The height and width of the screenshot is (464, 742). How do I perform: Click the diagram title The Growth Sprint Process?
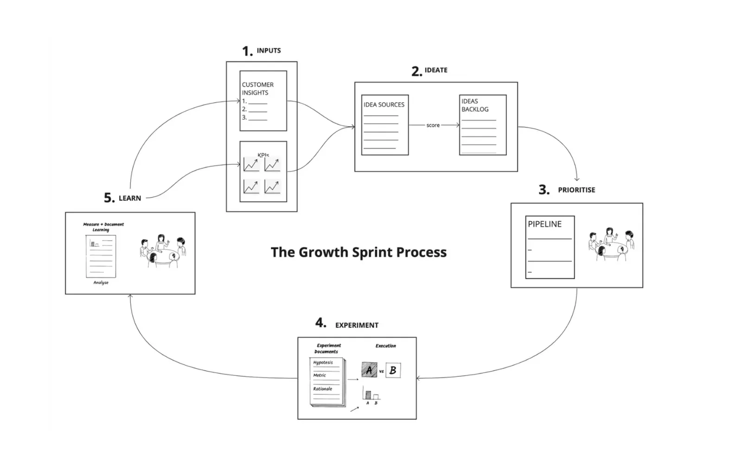[358, 252]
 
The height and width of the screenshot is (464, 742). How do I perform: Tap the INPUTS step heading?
[269, 51]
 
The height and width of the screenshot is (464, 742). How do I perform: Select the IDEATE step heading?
[436, 70]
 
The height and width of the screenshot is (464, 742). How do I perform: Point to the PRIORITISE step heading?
[576, 190]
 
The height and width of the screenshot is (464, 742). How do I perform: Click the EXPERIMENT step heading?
[357, 325]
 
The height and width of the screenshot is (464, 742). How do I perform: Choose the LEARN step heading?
[130, 198]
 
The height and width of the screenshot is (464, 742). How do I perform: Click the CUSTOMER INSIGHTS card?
[263, 101]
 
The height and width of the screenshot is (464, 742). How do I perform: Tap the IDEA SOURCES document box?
[385, 125]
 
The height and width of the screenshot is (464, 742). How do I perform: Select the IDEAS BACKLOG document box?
[483, 125]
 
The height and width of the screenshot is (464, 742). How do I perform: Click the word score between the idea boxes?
[433, 125]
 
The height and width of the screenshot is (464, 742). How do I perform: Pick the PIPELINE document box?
[550, 247]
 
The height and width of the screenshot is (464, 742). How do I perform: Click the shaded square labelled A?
[369, 370]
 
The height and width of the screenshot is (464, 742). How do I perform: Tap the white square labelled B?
[393, 370]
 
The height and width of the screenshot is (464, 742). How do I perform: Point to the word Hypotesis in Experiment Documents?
[323, 362]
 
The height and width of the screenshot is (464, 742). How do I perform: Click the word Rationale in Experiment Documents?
[322, 389]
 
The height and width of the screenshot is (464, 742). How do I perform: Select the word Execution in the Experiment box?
[385, 346]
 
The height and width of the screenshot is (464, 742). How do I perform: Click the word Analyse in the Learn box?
[101, 283]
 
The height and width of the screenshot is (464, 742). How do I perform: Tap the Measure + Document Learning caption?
[103, 227]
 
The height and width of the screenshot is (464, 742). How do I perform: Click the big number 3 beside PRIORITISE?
[544, 189]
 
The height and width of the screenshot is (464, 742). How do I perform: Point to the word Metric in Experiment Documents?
[320, 375]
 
